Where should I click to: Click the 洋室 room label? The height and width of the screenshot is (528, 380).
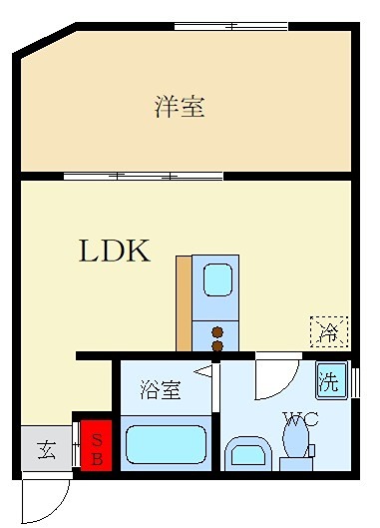[x=180, y=107]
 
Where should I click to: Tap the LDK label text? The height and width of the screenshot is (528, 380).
[x=115, y=251]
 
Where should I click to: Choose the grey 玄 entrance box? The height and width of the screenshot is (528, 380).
[x=46, y=450]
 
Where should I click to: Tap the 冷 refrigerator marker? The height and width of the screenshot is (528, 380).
[x=327, y=329]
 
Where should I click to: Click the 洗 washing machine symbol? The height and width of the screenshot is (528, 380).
[x=330, y=381]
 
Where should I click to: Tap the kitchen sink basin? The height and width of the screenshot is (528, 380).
[x=216, y=279]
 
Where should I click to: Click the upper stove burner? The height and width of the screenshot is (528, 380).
[x=216, y=331]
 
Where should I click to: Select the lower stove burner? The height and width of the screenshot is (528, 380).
[x=216, y=345]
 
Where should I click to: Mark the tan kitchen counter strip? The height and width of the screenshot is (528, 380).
[x=184, y=302]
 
